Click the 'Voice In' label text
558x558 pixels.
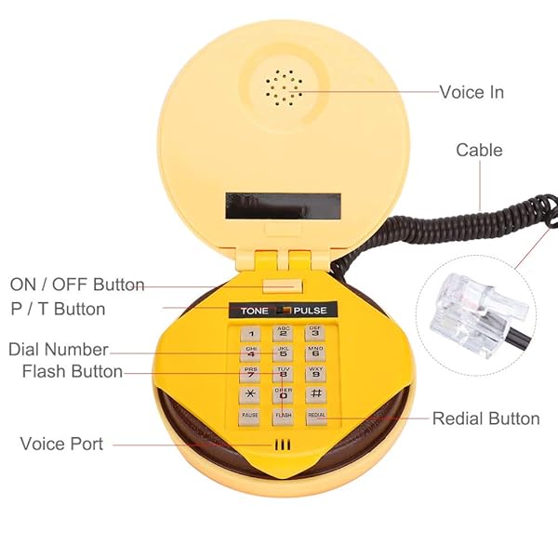(472, 92)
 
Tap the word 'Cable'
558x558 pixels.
(479, 150)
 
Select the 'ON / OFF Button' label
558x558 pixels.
(77, 285)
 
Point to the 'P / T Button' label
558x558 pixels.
(58, 309)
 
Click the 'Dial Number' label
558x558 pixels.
(58, 350)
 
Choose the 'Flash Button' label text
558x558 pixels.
(73, 372)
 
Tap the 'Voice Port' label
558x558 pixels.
(62, 444)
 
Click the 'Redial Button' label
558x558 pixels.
(485, 418)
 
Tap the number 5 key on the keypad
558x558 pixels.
(283, 353)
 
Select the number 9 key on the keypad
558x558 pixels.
(315, 374)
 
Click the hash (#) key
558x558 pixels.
(315, 395)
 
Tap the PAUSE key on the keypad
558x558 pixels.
(250, 417)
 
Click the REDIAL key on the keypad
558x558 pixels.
(316, 417)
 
